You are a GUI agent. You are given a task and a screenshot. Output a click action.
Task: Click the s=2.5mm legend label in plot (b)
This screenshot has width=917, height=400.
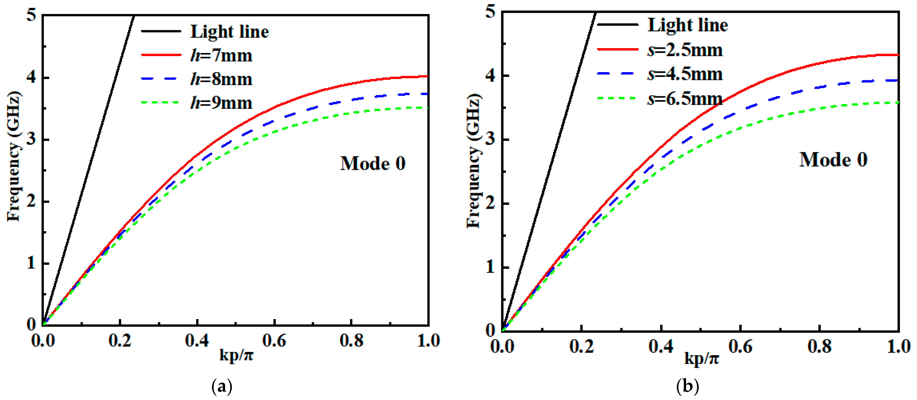[x=685, y=50]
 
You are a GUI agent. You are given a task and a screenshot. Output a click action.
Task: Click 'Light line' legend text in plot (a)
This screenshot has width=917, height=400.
[x=230, y=32]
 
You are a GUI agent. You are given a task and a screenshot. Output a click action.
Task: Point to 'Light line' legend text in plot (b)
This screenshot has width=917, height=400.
[x=688, y=25]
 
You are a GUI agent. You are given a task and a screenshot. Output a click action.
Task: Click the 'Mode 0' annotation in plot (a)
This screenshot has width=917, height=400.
[x=373, y=163]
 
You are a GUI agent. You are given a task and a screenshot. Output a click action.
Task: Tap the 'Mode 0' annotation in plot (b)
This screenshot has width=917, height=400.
[x=833, y=159]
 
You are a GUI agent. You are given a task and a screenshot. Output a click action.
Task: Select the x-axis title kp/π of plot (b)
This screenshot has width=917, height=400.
[x=701, y=358]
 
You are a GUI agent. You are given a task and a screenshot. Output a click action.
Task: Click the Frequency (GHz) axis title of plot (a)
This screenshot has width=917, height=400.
[x=14, y=157]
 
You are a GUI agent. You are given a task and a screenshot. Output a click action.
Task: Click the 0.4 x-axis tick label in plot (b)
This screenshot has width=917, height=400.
[x=661, y=346]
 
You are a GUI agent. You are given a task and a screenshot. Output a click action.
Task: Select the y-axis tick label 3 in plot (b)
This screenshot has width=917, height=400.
[x=490, y=139]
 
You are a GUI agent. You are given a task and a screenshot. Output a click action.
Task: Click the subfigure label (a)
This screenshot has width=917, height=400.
[x=222, y=386]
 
